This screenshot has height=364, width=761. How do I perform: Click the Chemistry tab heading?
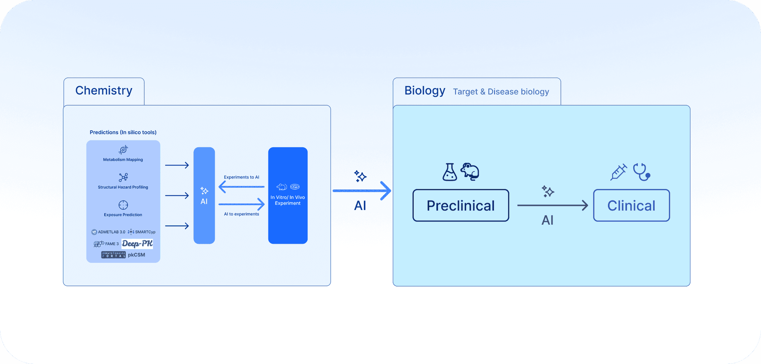(x=104, y=91)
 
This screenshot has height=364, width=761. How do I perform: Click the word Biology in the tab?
(x=425, y=91)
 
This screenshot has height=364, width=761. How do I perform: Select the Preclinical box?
(x=461, y=205)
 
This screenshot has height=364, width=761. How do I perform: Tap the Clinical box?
(x=631, y=205)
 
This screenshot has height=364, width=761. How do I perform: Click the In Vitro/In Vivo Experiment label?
(x=288, y=200)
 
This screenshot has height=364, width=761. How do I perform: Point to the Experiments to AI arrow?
(x=241, y=187)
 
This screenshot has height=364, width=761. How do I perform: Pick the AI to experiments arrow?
(x=241, y=204)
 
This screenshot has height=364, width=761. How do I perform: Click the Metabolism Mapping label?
(x=123, y=160)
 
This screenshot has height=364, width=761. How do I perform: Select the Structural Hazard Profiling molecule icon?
(x=123, y=177)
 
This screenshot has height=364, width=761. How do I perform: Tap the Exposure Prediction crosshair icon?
(x=123, y=205)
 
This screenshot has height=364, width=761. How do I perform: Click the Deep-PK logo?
(x=137, y=244)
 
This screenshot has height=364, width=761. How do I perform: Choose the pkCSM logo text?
(x=136, y=255)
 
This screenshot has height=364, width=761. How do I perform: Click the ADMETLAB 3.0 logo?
(x=108, y=232)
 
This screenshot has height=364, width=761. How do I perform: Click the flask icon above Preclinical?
(x=449, y=172)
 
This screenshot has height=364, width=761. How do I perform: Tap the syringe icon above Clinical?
(x=618, y=172)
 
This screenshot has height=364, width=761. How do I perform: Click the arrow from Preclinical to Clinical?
(x=553, y=205)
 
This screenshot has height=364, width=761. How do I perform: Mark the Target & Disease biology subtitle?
(x=501, y=92)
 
